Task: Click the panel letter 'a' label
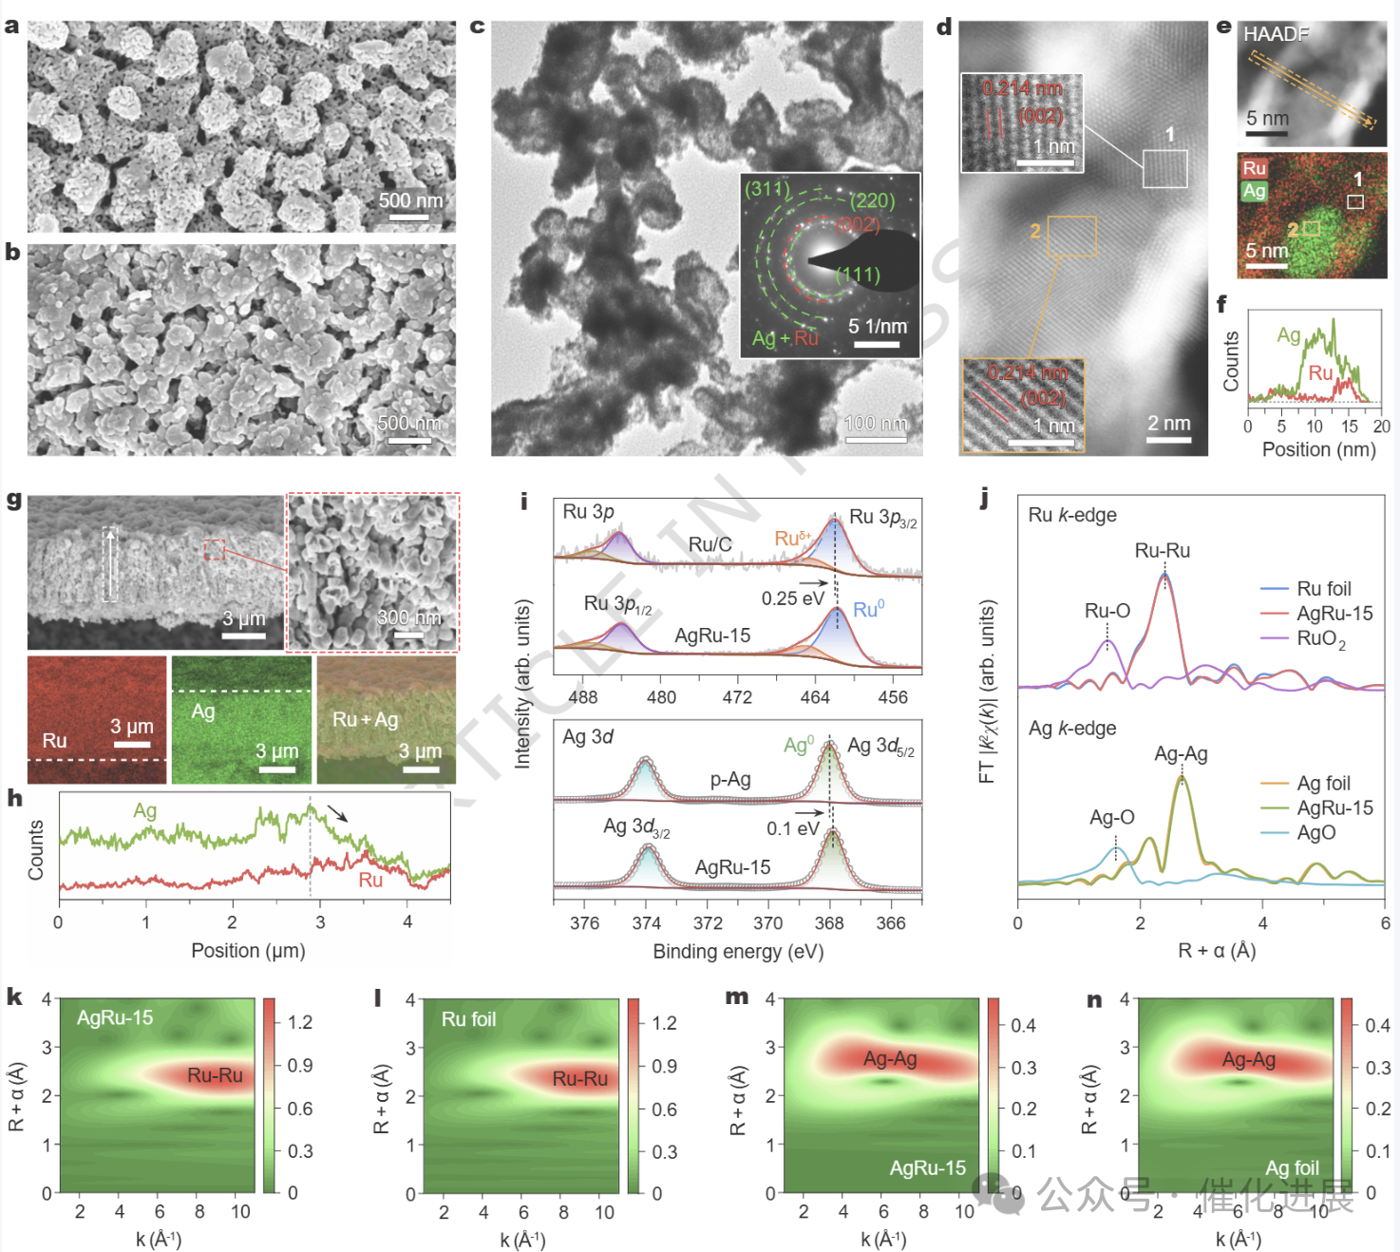[11, 27]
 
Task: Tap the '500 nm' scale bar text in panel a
[410, 200]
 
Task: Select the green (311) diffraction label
[766, 189]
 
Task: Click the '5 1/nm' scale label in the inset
[877, 327]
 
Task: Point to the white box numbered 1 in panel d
[1164, 168]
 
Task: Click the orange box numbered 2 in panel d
[1072, 237]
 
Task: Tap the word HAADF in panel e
[1276, 35]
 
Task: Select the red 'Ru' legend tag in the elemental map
[1254, 168]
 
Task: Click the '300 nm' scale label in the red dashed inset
[409, 617]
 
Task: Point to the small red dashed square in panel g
[216, 549]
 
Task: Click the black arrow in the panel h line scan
[337, 812]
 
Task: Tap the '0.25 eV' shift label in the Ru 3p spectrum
[792, 598]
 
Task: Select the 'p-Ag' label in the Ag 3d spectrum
[730, 780]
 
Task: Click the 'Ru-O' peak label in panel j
[1107, 611]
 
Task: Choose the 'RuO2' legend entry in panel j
[1321, 638]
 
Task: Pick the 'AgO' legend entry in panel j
[1315, 833]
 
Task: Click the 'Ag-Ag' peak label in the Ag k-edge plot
[1181, 754]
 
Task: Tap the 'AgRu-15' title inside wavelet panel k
[115, 1017]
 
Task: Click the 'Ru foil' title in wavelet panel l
[468, 1019]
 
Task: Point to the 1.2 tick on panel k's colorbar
[300, 1022]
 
